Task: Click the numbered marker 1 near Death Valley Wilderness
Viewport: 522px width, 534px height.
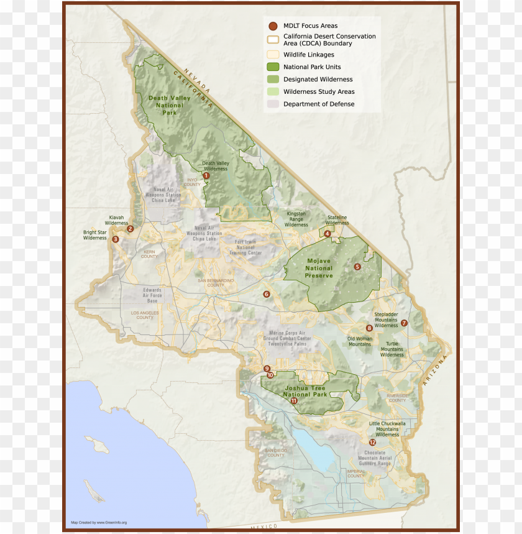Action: (x=206, y=176)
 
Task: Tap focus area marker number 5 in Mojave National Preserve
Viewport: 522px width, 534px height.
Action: (x=357, y=267)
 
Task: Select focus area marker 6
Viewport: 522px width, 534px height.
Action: (x=267, y=294)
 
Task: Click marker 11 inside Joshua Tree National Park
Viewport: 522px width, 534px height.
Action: (x=294, y=401)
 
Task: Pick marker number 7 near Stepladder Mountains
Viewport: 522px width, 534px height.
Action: (x=404, y=323)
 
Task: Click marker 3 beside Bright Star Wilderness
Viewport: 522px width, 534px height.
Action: (x=116, y=239)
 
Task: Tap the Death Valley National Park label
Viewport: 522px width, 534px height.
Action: (x=166, y=105)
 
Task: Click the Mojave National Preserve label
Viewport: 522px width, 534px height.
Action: (x=319, y=268)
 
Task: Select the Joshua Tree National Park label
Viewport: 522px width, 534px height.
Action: (x=305, y=391)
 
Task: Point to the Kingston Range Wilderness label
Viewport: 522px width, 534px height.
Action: (x=296, y=219)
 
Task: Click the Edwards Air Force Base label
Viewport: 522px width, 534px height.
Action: (x=152, y=295)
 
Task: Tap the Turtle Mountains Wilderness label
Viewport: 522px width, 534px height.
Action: (x=392, y=349)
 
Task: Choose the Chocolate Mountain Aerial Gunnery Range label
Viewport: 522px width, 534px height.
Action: (x=375, y=458)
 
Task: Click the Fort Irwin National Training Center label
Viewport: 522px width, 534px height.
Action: (x=245, y=247)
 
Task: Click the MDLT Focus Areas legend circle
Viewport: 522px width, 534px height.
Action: (x=272, y=26)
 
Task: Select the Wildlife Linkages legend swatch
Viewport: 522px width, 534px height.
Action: (x=272, y=55)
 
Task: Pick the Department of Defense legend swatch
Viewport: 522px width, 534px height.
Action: (x=272, y=104)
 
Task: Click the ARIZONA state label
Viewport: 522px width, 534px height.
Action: (x=435, y=371)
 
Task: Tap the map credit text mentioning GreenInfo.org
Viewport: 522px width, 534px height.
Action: (x=99, y=522)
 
